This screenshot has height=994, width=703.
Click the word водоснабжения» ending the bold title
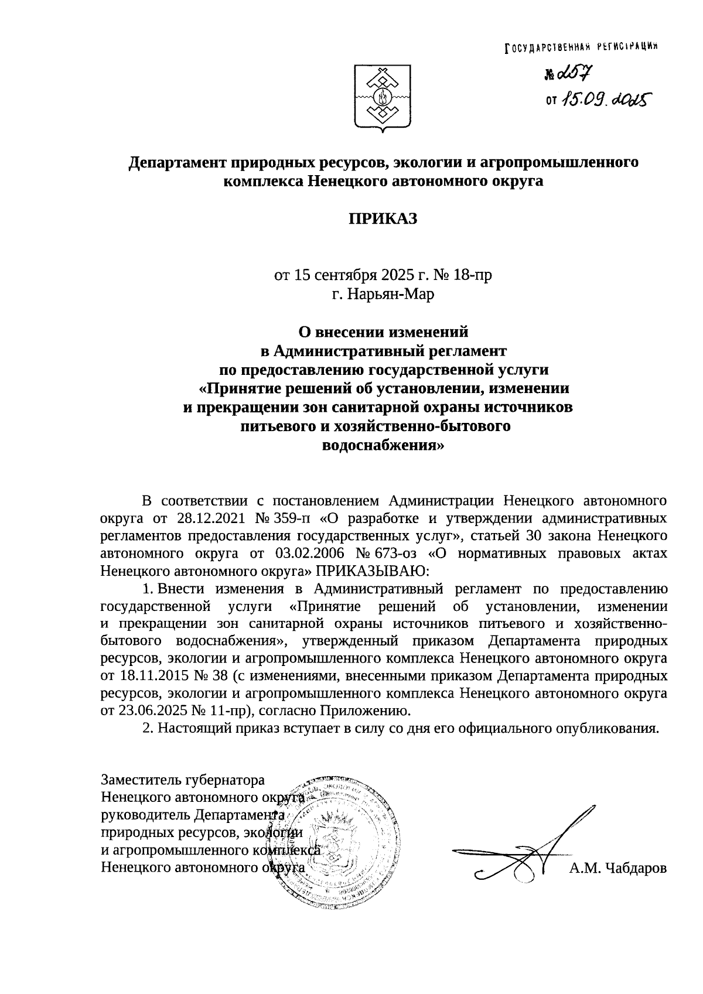[x=384, y=445]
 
